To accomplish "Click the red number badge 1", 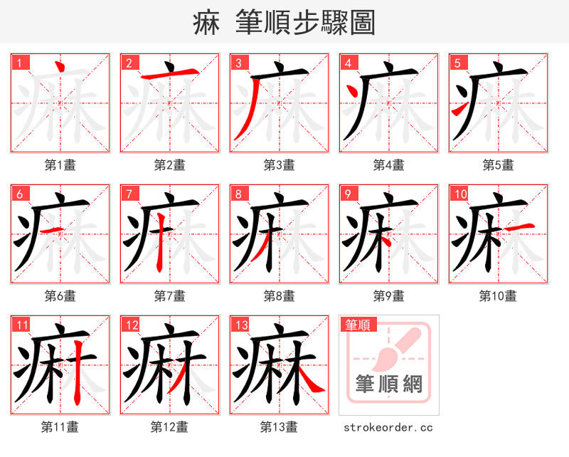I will pos(19,62).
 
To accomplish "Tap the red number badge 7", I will pos(129,194).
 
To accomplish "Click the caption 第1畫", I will pos(60,165).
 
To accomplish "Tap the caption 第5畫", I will pos(498,165).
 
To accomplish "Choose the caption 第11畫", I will pos(60,427).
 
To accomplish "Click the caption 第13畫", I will pos(280,427).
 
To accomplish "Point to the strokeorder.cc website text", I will pos(388,427).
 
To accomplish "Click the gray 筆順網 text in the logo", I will pos(389,384).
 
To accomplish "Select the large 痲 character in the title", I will pos(206,23).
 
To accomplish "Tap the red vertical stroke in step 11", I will pos(78,374).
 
